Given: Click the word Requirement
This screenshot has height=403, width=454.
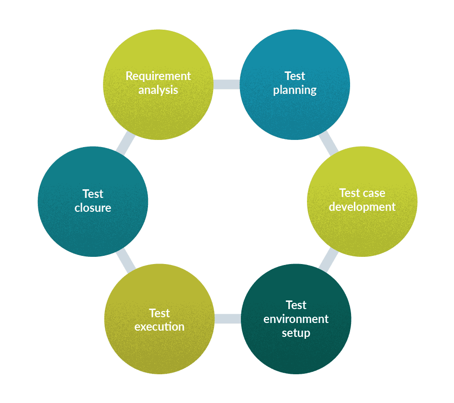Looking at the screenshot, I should tap(158, 76).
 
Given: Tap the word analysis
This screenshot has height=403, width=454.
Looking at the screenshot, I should tap(158, 90).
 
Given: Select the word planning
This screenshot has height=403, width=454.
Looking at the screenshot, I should tap(295, 90).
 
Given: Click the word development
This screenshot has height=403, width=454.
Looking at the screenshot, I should tap(362, 207).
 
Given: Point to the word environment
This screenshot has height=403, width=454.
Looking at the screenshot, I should tap(296, 319).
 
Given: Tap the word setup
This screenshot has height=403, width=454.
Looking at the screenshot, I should tap(296, 333).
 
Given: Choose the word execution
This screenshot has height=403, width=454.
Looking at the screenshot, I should tap(159, 327).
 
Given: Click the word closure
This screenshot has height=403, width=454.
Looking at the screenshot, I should tap(93, 208).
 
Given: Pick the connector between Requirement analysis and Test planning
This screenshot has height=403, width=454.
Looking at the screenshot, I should tap(226, 85).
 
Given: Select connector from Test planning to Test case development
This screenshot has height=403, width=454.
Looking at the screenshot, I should tap(329, 143).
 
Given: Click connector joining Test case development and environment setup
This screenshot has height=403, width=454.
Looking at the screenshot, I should tap(329, 260).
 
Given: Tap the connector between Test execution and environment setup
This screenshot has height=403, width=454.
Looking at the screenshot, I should tap(227, 319).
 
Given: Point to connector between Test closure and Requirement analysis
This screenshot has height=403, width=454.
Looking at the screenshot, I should tap(125, 143).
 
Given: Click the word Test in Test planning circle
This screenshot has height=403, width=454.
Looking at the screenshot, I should tap(295, 76).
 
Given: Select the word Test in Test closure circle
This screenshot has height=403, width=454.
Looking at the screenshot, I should tap(93, 194).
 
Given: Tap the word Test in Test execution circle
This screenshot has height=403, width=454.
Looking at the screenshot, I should tap(159, 313).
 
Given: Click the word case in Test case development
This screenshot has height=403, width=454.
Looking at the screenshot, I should tap(374, 193).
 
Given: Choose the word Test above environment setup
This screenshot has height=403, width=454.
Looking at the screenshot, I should tap(296, 305).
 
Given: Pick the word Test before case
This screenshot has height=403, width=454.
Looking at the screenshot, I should tap(350, 193).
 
